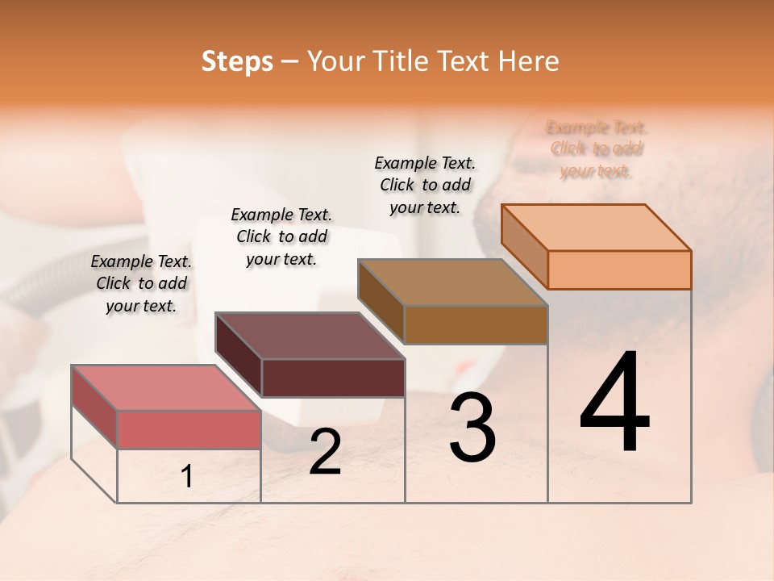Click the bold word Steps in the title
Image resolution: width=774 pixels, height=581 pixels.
(x=237, y=61)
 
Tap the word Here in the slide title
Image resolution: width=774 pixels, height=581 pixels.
(x=529, y=61)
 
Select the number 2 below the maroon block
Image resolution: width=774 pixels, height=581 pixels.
(x=325, y=452)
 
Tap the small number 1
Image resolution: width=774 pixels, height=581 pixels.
(x=186, y=477)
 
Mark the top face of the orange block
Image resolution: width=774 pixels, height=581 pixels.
(x=596, y=227)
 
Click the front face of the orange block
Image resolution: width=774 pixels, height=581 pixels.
(x=619, y=270)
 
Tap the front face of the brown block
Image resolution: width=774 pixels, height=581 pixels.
(x=476, y=324)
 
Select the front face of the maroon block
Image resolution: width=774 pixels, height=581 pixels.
(x=332, y=378)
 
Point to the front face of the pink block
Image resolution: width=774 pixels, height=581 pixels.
(x=189, y=429)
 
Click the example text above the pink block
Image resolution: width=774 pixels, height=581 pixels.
(x=141, y=283)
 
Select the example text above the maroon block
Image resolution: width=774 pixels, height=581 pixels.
(x=281, y=236)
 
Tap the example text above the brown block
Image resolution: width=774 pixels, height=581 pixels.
(x=425, y=185)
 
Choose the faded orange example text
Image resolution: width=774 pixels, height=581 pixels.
(x=597, y=149)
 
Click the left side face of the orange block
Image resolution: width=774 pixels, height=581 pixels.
(x=524, y=242)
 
